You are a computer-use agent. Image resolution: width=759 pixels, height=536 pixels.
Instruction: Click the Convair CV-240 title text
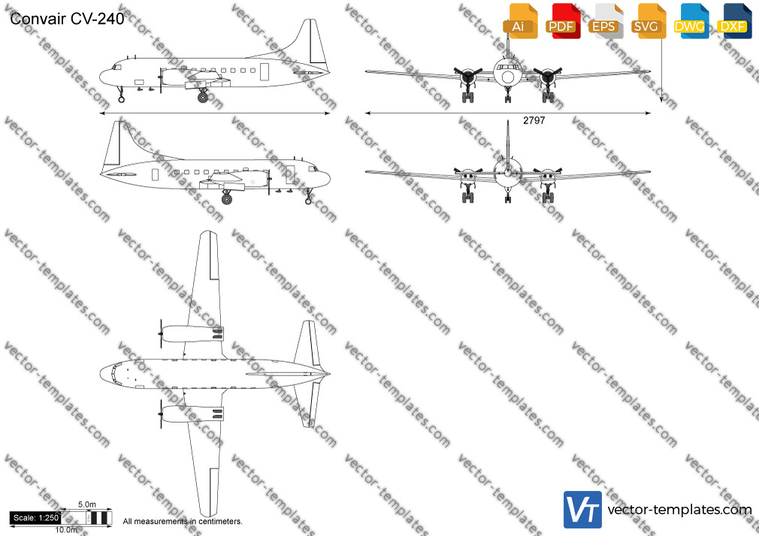click(x=67, y=19)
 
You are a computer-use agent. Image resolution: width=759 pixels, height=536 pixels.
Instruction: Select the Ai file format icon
click(x=520, y=21)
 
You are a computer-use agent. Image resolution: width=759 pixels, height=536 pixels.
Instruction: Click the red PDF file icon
click(x=563, y=21)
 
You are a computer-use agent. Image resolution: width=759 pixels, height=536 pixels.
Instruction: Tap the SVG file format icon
click(x=648, y=21)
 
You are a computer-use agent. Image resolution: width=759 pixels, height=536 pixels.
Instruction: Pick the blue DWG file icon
click(x=691, y=21)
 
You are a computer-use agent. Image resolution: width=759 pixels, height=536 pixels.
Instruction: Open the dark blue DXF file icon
click(x=734, y=21)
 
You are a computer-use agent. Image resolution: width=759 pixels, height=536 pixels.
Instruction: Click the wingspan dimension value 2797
click(x=534, y=120)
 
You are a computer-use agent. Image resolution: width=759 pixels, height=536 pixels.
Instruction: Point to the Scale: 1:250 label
click(x=36, y=518)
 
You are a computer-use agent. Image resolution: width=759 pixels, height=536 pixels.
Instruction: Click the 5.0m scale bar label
click(x=87, y=504)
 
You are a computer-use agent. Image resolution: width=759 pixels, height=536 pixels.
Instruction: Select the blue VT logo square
click(x=583, y=510)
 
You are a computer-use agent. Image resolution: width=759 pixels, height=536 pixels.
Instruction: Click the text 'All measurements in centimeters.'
click(x=183, y=522)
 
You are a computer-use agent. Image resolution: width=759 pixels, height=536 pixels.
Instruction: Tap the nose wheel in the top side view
click(x=122, y=99)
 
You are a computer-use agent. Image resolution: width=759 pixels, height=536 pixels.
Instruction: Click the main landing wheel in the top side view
click(x=203, y=98)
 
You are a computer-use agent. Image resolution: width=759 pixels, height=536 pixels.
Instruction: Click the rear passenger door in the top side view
click(x=265, y=71)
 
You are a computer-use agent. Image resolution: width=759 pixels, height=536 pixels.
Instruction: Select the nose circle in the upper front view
click(x=507, y=77)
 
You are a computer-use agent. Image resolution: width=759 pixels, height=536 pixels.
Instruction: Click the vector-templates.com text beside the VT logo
click(x=679, y=510)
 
